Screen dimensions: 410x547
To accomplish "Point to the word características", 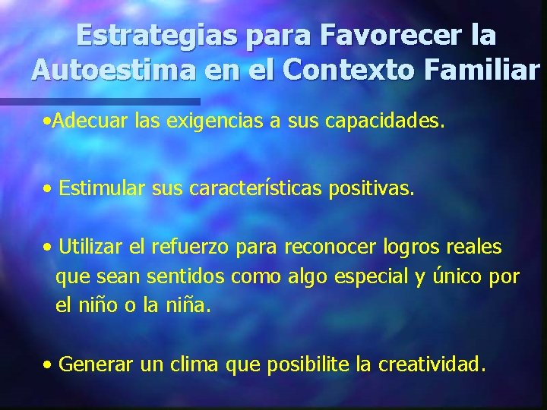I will tap(249, 188).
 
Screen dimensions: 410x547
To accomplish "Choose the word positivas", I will tap(372, 188).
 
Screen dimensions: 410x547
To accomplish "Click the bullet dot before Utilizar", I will tap(48, 248).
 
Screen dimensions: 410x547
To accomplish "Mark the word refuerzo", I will tap(191, 248).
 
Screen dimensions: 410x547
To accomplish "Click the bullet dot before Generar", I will tap(48, 365).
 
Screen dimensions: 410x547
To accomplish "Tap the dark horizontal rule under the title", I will tap(99, 101).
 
